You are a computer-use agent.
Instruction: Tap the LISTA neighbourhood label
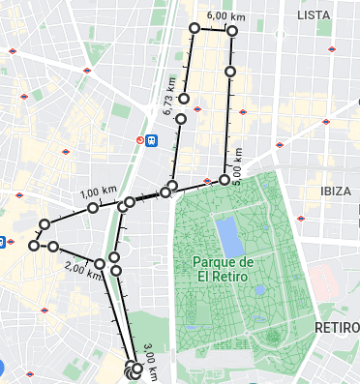314,15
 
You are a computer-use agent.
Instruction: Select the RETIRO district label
336,328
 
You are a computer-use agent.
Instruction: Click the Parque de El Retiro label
223,269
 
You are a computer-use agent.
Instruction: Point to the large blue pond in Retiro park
228,233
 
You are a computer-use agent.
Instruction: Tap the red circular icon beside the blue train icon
139,140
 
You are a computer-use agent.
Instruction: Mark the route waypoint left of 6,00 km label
195,29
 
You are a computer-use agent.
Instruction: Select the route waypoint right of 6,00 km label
233,31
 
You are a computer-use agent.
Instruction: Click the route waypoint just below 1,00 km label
93,208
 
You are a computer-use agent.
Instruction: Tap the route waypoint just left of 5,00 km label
225,180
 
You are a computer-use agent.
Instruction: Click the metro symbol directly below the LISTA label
333,48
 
